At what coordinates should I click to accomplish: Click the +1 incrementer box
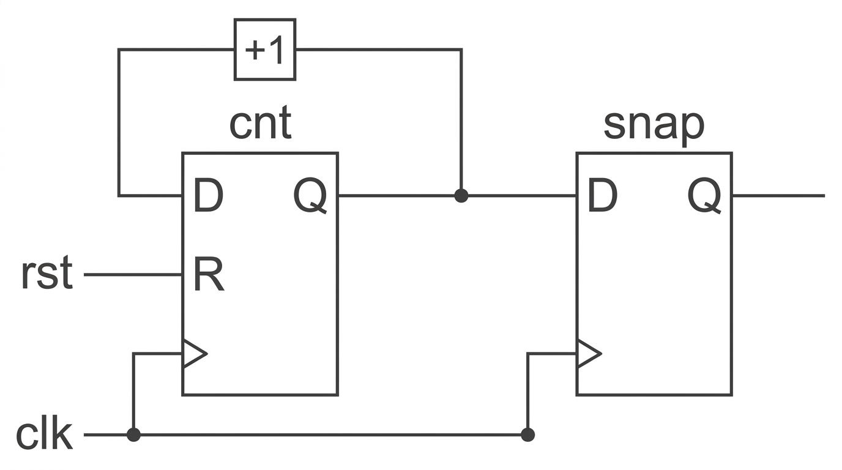pos(265,49)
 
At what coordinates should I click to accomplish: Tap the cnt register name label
pos(260,122)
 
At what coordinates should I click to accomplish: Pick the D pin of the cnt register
pos(208,195)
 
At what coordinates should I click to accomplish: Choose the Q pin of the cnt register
pos(310,196)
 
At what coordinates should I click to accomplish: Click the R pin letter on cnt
pos(209,274)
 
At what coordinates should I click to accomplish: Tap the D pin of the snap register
pos(602,195)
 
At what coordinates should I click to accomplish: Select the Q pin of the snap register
pos(704,196)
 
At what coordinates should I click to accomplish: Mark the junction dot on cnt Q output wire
pos(461,195)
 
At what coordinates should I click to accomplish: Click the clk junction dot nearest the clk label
pos(133,435)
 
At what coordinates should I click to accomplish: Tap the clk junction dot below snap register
pos(527,435)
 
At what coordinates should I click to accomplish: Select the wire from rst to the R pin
pos(133,275)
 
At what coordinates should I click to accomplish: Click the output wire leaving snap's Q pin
pos(779,195)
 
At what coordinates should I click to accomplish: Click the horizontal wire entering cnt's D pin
pos(151,195)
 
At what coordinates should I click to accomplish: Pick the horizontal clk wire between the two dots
pos(331,435)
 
